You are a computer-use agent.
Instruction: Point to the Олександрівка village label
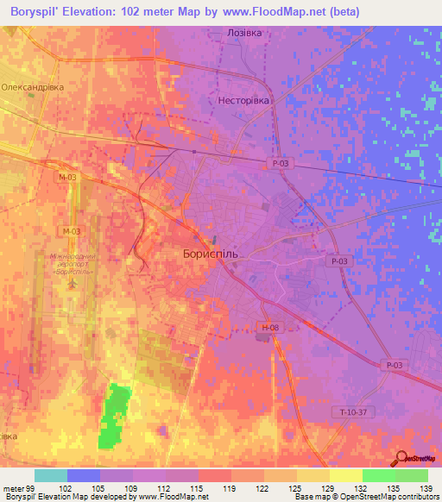coord(35,88)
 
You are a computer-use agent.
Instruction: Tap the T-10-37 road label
coord(353,412)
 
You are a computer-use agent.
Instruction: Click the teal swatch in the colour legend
coord(51,475)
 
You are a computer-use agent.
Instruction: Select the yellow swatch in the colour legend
coord(345,475)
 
